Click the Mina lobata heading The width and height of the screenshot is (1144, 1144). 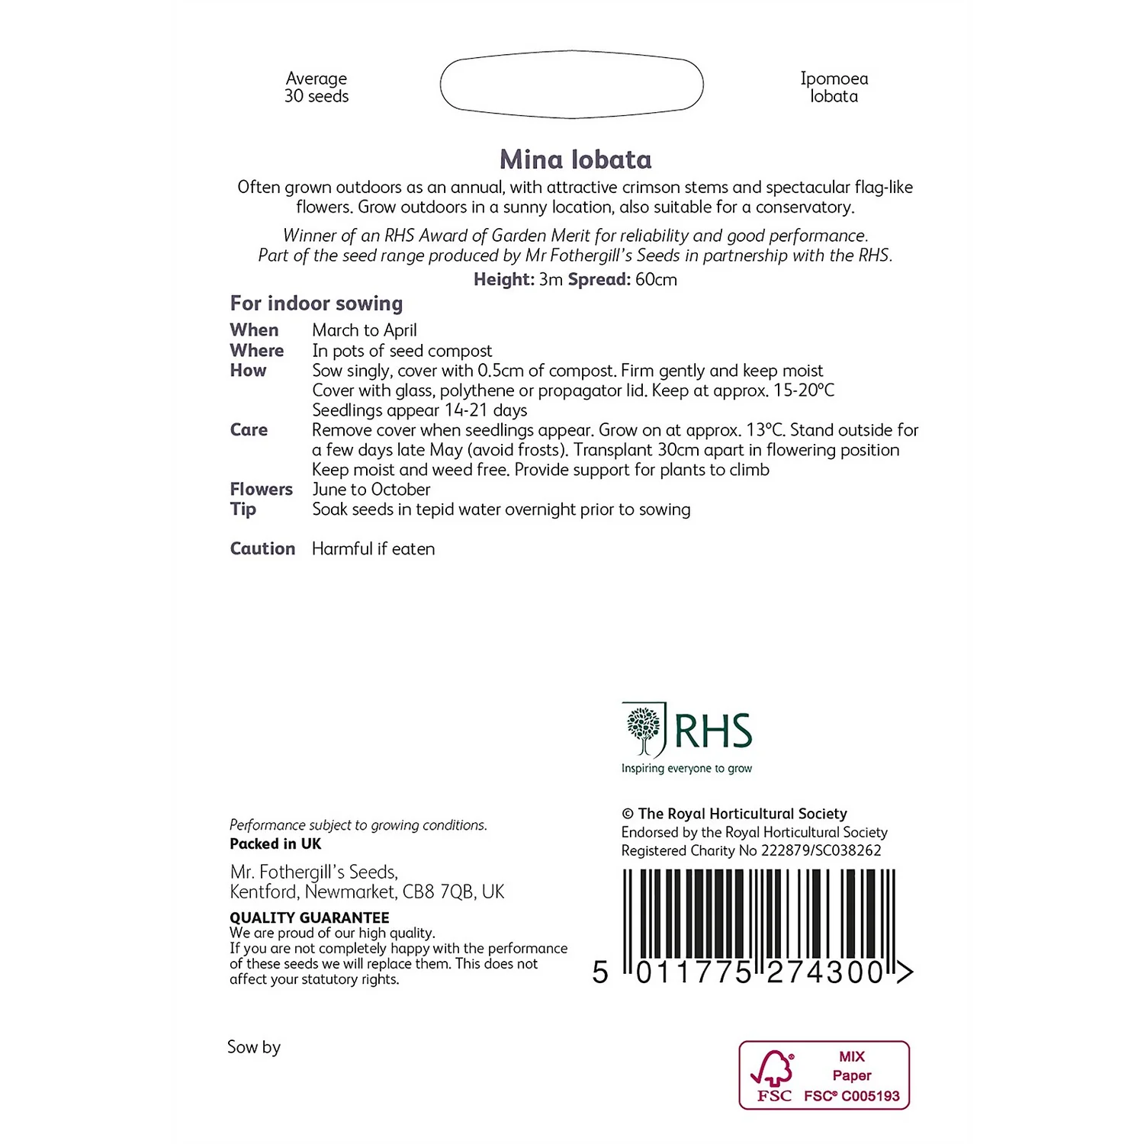point(576,159)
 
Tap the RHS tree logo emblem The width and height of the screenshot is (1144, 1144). point(644,731)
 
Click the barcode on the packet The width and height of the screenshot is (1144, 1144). point(759,923)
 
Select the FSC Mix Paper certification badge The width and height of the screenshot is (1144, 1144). point(824,1075)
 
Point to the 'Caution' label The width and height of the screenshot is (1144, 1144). point(262,549)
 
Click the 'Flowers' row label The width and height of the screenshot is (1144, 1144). point(261,490)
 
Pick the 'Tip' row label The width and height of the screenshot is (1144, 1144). point(243,509)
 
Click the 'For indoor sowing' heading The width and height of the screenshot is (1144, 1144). point(317,304)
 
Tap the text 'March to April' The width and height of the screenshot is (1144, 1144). point(365,330)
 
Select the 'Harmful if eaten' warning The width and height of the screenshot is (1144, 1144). point(373,549)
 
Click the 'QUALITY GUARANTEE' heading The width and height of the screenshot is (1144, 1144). point(310,917)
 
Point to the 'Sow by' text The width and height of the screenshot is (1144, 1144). point(254,1047)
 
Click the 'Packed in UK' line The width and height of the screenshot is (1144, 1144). point(275,844)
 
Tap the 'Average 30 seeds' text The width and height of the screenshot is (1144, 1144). point(317,88)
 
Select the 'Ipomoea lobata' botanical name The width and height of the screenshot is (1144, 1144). point(834,88)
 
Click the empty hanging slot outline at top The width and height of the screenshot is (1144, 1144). point(571,85)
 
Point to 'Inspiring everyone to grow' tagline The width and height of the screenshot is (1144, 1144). point(686,769)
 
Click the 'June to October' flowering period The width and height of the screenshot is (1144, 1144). point(371,490)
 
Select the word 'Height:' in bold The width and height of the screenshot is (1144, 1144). point(503,280)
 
